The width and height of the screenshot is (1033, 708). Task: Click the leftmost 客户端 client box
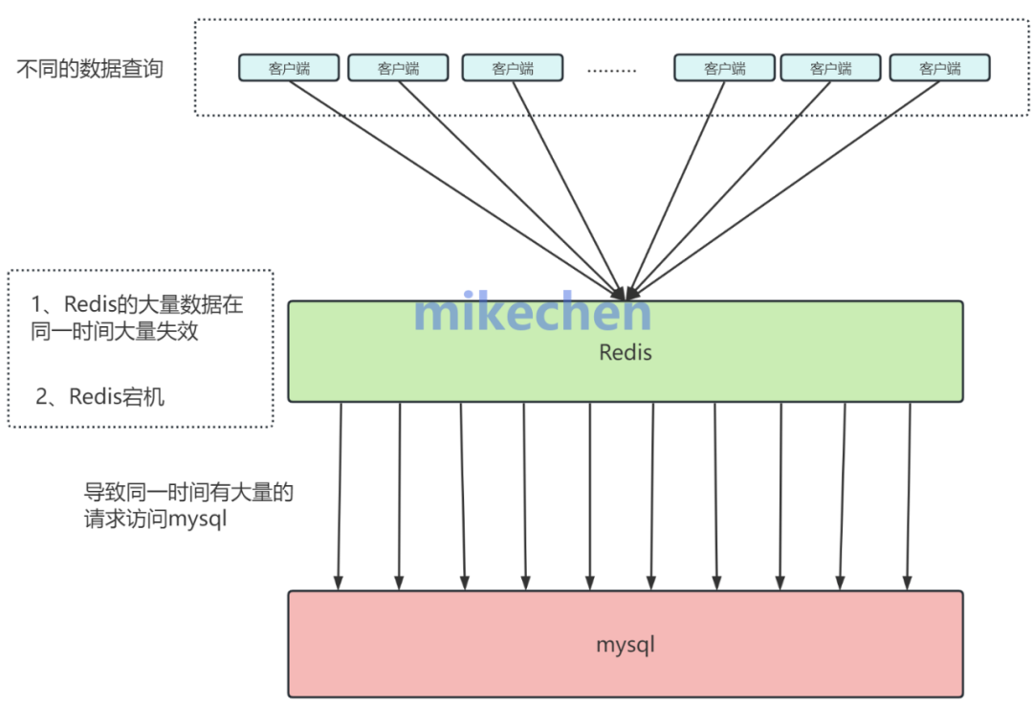point(288,68)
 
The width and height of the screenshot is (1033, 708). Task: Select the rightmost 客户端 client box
point(939,68)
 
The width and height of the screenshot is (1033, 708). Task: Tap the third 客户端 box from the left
point(512,68)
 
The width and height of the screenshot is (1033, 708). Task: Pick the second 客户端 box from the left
point(398,68)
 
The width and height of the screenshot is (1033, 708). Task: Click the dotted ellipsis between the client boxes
point(611,69)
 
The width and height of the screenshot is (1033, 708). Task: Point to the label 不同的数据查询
point(90,69)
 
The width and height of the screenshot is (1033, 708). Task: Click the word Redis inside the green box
point(625,352)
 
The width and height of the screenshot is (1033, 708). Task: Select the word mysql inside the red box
point(625,644)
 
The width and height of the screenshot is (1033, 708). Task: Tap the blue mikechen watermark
point(533,312)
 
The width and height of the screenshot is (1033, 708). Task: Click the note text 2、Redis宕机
point(99,396)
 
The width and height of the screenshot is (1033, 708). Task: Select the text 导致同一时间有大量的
point(188,494)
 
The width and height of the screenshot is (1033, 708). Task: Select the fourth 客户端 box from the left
point(724,68)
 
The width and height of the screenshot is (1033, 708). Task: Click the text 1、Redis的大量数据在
point(137,305)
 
